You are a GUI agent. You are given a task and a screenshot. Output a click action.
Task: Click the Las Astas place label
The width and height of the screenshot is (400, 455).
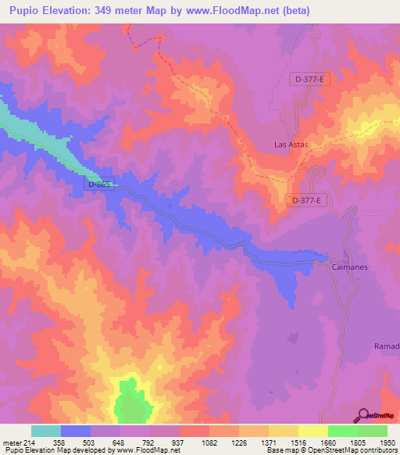[291, 145]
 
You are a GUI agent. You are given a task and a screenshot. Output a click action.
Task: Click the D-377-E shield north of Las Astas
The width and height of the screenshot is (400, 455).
[310, 79]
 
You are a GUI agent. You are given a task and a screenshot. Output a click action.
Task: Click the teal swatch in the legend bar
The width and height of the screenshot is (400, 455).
[46, 431]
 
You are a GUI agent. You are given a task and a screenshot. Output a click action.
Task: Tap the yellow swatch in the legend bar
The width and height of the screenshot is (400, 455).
[313, 431]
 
